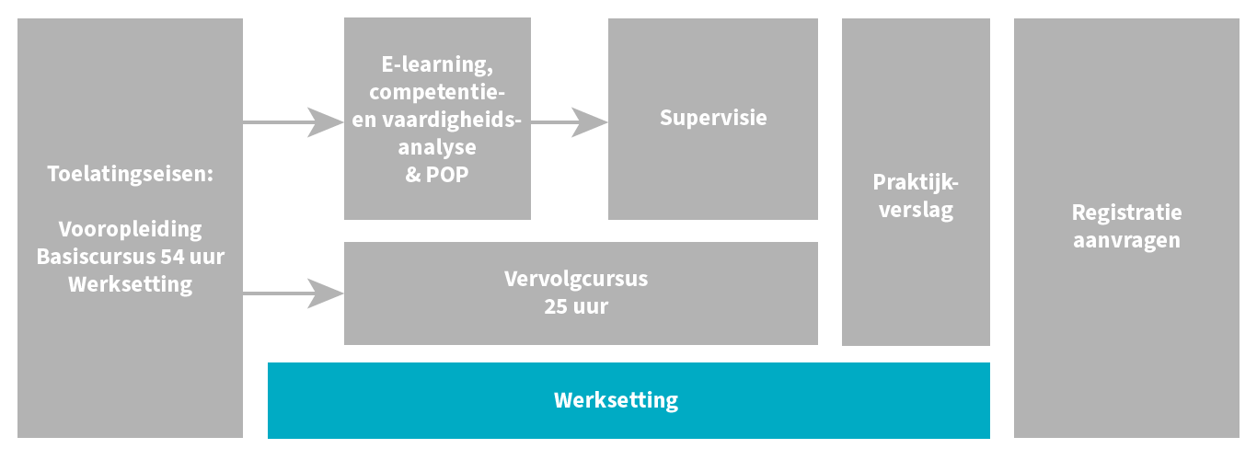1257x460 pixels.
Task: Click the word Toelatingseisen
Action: pos(129,173)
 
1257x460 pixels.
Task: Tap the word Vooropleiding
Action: pos(130,229)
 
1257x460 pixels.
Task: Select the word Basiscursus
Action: pos(88,257)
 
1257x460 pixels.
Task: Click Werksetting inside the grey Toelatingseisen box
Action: pos(130,284)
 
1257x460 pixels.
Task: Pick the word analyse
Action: pos(437,147)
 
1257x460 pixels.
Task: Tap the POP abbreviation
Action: pos(448,175)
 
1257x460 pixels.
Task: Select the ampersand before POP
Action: pos(412,175)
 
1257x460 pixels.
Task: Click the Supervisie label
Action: pos(713,118)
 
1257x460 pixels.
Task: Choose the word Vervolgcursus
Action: pos(576,279)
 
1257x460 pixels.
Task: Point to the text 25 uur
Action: pos(576,306)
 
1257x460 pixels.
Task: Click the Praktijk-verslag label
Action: pos(916,195)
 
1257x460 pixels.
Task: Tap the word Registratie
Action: pos(1126,213)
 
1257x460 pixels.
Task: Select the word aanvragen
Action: pos(1126,241)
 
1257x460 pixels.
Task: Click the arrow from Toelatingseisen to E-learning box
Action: pos(294,121)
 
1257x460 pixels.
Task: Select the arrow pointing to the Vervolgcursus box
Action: pos(294,293)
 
